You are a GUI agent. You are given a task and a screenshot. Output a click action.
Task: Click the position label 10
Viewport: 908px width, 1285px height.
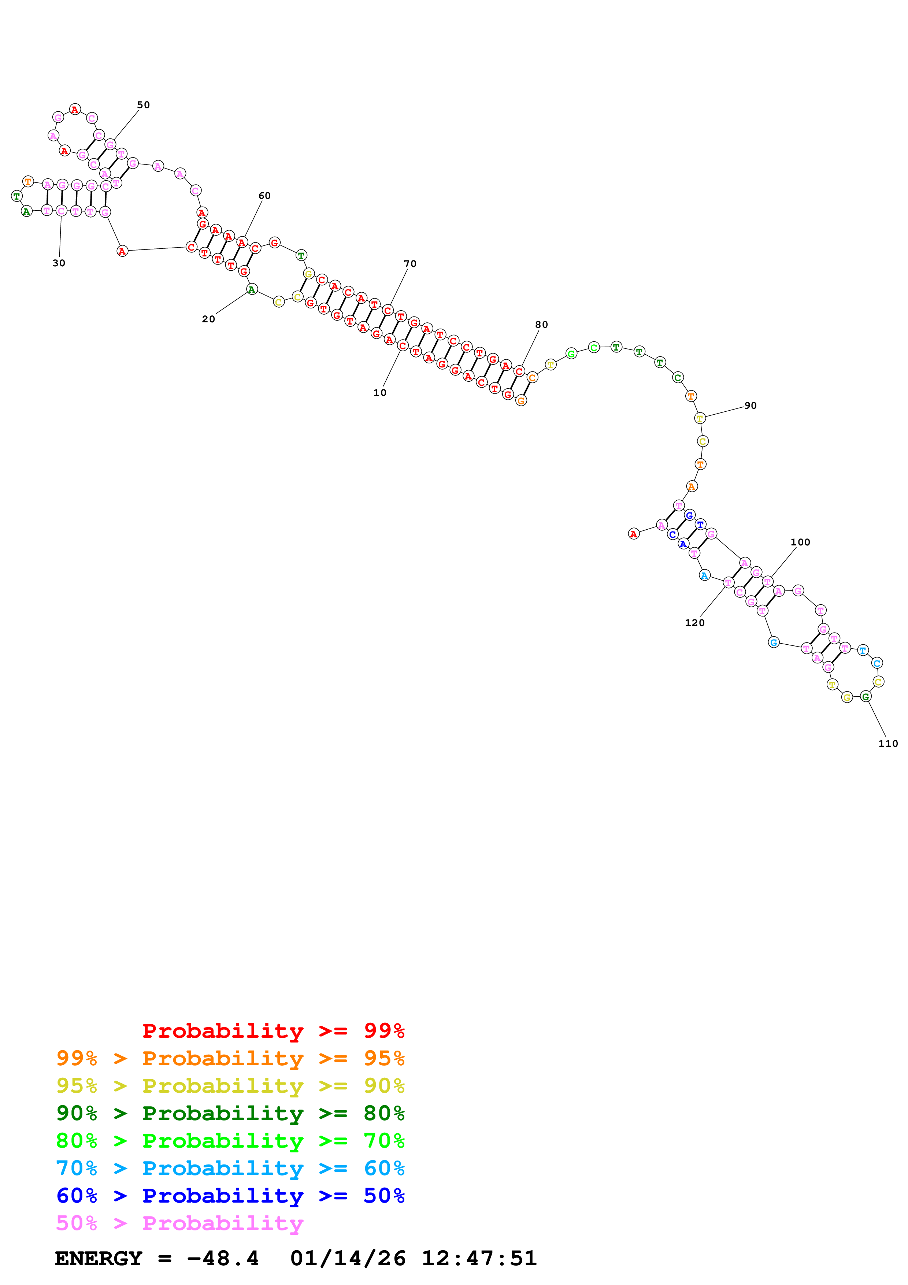380,393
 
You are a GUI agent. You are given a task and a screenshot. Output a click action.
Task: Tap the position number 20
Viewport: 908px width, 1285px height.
208,319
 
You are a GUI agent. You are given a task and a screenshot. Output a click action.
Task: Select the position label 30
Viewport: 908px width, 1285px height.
59,263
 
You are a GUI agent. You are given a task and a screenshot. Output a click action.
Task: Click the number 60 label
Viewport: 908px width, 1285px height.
264,195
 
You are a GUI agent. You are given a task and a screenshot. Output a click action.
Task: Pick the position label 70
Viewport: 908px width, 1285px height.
410,264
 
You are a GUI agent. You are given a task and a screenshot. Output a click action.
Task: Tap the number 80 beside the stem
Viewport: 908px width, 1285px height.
542,325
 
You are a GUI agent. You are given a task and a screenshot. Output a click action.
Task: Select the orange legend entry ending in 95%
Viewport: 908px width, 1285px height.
230,1058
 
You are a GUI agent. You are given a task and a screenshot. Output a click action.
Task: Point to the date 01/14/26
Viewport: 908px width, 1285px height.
348,1258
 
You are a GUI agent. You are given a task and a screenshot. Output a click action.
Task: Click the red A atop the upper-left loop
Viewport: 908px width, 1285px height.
75,109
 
